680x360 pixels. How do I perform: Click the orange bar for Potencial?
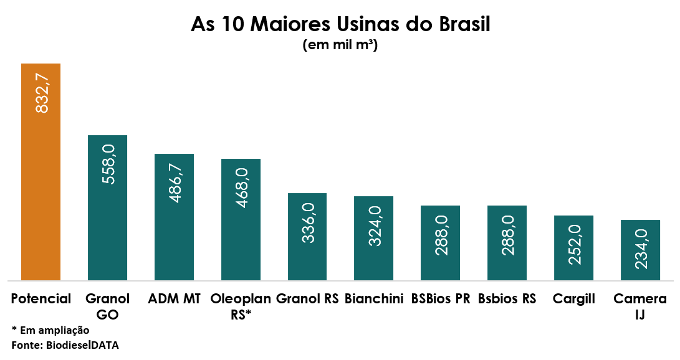pos(41,172)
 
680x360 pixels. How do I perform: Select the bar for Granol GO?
pos(108,208)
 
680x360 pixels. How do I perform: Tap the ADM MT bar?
pos(175,217)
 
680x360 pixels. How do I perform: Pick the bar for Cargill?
pos(574,248)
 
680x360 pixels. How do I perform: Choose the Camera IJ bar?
pos(640,250)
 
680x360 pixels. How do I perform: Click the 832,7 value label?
pos(42,93)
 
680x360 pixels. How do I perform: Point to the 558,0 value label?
pos(109,164)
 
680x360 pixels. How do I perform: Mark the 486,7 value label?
pos(176,183)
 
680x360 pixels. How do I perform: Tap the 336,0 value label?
pos(309,223)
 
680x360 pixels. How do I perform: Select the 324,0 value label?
pos(375,226)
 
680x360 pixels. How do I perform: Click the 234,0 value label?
pos(641,249)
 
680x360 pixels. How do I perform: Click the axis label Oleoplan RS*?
pos(241,306)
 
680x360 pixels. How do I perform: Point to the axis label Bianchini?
pos(374,298)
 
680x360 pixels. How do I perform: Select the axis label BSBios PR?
pos(441,298)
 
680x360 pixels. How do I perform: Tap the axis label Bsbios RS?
pos(507,298)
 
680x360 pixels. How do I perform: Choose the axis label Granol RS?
pos(307,298)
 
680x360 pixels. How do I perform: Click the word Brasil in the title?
pos(464,24)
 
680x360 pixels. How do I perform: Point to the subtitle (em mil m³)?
pos(340,45)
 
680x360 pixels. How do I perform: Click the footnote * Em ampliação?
pos(50,331)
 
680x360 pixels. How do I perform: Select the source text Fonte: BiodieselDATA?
pos(65,345)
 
